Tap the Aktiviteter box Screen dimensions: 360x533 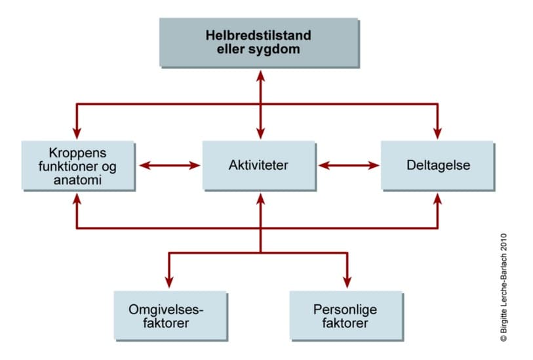pyautogui.click(x=260, y=165)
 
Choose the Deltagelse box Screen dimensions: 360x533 pyautogui.click(x=437, y=165)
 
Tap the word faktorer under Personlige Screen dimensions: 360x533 pyautogui.click(x=346, y=323)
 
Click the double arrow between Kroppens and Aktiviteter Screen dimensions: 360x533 pyautogui.click(x=170, y=165)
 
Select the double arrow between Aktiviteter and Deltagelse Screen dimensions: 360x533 pyautogui.click(x=349, y=165)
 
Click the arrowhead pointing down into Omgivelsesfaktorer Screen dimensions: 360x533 pyautogui.click(x=170, y=283)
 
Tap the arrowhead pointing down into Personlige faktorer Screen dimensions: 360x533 pyautogui.click(x=346, y=283)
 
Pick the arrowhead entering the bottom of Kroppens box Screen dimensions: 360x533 pyautogui.click(x=77, y=198)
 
